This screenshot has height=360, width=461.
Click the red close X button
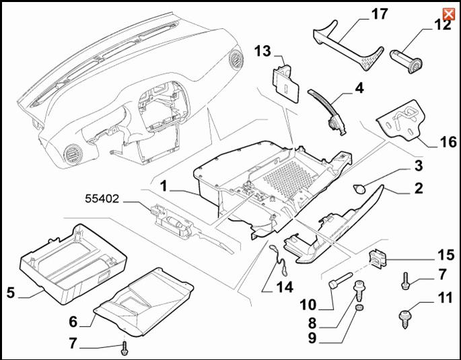pos(447,14)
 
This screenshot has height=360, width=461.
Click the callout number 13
pos(263,52)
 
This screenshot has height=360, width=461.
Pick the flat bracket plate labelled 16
pos(403,121)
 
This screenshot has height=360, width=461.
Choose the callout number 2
pos(419,188)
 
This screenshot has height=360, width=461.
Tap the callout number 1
pos(164,184)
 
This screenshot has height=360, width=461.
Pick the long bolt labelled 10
pos(339,280)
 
